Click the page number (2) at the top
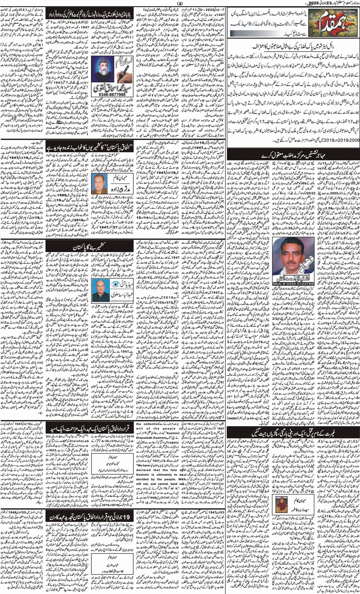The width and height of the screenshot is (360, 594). pyautogui.click(x=180, y=3)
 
